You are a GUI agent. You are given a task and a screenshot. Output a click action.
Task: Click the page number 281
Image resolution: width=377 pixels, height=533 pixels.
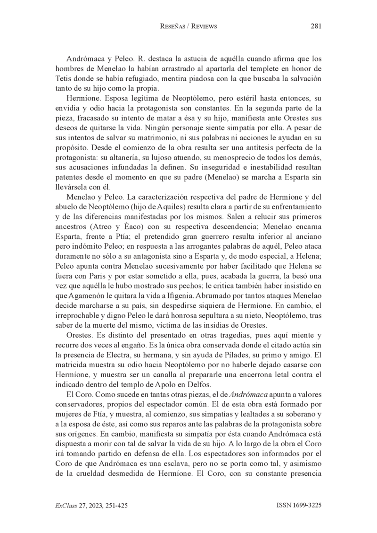tap(316, 26)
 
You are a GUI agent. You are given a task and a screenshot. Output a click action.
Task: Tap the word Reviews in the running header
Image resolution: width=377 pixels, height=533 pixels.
tap(203, 26)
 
